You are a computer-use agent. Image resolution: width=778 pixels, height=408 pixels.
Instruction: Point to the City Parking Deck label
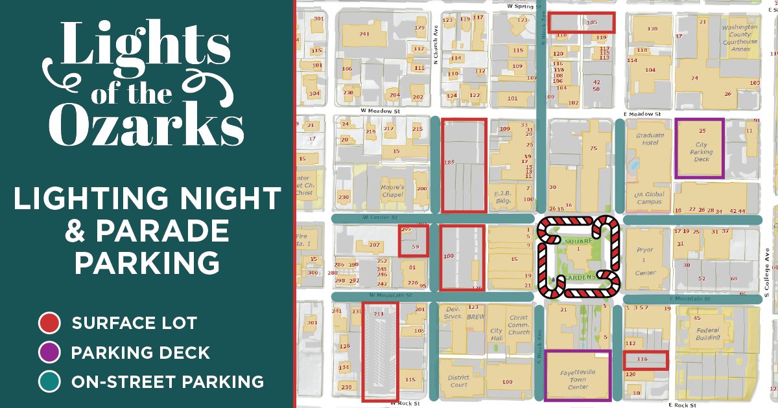(x=701, y=152)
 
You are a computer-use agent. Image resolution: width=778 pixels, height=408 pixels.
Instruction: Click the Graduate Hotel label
(x=650, y=139)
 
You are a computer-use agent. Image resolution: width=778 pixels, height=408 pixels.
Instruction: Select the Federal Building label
(x=707, y=334)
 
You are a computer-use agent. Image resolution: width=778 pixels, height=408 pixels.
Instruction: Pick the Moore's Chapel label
(x=392, y=191)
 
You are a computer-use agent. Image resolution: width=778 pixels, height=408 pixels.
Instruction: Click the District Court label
(x=458, y=381)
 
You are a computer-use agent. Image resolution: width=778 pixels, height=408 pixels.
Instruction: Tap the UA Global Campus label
(x=650, y=198)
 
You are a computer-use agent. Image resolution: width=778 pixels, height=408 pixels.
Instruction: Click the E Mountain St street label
(x=690, y=299)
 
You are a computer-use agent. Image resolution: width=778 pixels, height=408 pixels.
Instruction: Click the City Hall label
(x=496, y=334)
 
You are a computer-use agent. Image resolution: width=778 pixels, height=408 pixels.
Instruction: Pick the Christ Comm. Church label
(x=519, y=325)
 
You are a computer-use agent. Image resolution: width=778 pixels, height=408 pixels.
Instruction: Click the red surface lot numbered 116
(x=645, y=360)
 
